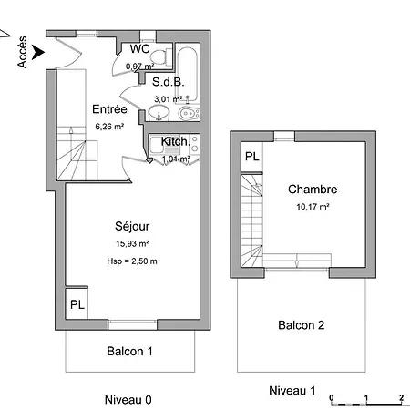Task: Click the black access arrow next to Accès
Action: point(38,52)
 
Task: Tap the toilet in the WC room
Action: point(160,56)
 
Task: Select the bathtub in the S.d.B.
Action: point(188,74)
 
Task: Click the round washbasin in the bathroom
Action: point(159,113)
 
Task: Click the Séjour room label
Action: point(132,226)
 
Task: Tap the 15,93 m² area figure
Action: point(132,243)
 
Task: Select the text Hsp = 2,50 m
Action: point(132,261)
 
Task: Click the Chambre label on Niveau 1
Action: point(313,190)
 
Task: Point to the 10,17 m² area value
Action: point(313,207)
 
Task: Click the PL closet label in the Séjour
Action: point(77,304)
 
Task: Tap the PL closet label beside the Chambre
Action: point(252,157)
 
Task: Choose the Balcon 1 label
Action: point(129,352)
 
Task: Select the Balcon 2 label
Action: point(302,325)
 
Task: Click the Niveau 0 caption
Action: point(128,400)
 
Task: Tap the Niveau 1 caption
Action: point(292,391)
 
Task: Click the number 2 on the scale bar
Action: point(402,397)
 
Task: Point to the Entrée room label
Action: point(109,109)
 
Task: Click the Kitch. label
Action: point(175,141)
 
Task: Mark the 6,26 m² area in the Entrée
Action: point(109,127)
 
